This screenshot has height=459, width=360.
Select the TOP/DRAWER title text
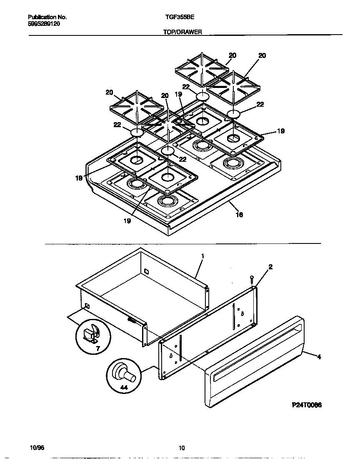click(x=182, y=32)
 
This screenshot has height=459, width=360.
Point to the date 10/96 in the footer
click(x=37, y=448)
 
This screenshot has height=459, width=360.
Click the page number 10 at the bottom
click(x=181, y=448)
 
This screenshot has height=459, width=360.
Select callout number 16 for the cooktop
click(x=239, y=215)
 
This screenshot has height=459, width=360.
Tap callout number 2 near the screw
click(x=270, y=267)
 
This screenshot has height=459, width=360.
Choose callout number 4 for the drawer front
click(x=319, y=357)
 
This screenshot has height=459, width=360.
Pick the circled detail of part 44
click(x=124, y=375)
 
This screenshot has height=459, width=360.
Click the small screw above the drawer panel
click(x=251, y=278)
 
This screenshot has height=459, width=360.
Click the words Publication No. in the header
click(x=47, y=18)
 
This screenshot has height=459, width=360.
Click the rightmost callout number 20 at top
click(x=262, y=55)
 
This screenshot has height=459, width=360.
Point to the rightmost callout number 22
click(x=260, y=105)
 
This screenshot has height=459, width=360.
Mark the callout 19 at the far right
click(x=281, y=131)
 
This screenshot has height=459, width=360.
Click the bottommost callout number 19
click(x=127, y=221)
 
